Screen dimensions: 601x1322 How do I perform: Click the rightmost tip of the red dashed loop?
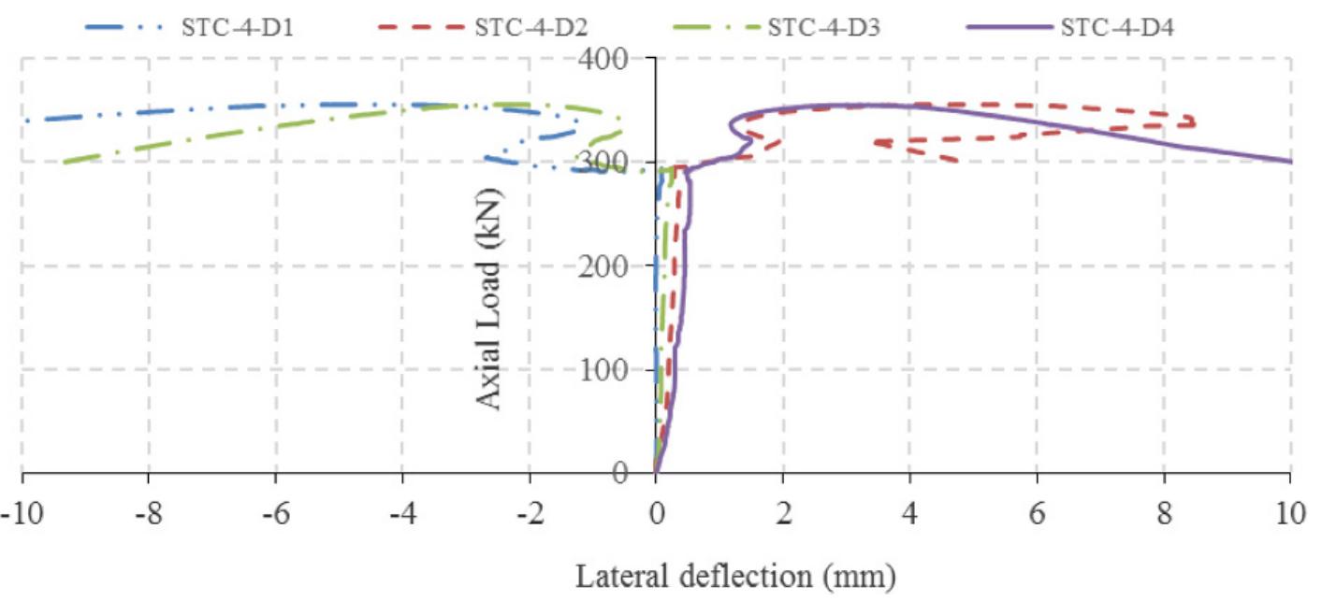(x=1195, y=121)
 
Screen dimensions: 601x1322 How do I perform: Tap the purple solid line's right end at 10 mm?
(x=1291, y=162)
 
